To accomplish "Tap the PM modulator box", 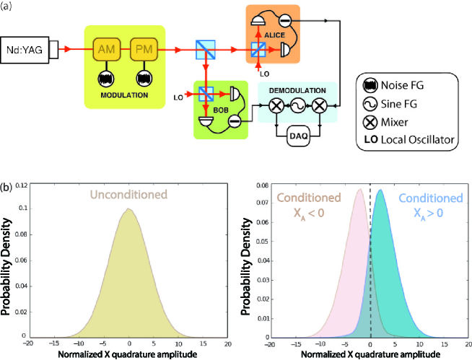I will click(x=141, y=50).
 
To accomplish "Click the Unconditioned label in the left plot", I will click(x=129, y=193).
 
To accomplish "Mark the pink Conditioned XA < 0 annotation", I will click(x=309, y=205).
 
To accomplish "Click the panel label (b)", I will click(x=9, y=187).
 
